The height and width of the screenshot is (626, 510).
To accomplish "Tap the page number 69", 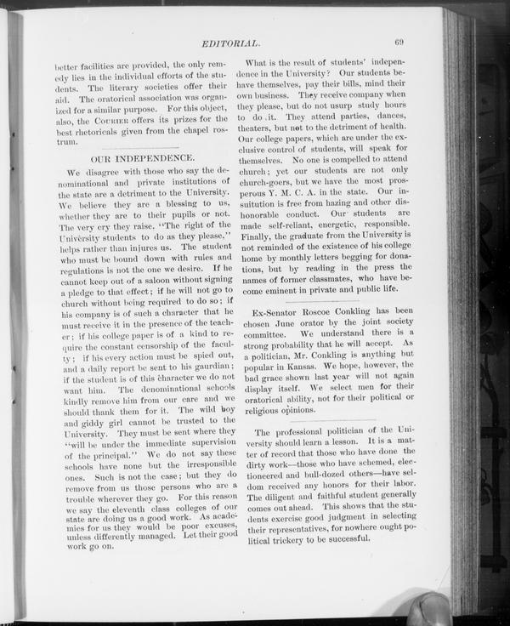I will pos(399,42).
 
